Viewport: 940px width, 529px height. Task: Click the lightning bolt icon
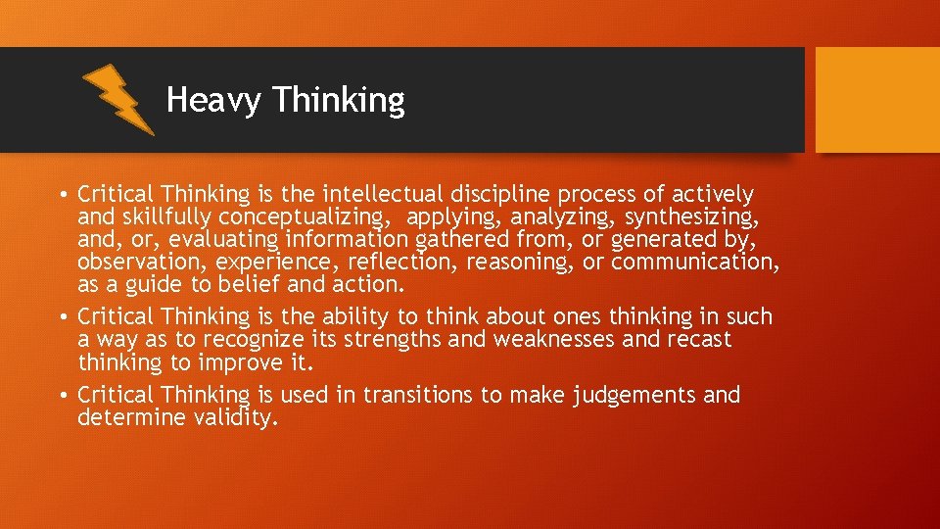click(117, 98)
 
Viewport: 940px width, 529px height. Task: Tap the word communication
click(695, 262)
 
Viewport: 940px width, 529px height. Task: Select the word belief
click(255, 284)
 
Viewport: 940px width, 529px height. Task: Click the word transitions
click(410, 395)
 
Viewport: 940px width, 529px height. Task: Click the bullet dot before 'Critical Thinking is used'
click(63, 396)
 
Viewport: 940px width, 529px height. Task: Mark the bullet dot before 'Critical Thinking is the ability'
click(63, 317)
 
